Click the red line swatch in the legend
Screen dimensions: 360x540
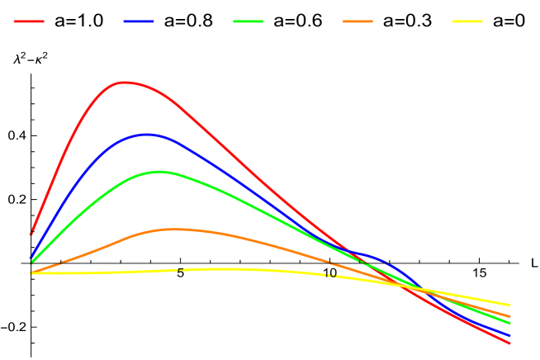tap(29, 21)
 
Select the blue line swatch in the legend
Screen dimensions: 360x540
tap(139, 21)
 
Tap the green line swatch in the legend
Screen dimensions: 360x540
tap(249, 21)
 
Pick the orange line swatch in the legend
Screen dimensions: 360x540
tap(358, 21)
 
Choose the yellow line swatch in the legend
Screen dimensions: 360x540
tap(467, 21)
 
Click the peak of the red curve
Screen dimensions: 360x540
tap(125, 82)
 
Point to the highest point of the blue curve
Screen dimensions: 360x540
tap(146, 134)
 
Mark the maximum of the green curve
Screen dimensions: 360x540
tap(158, 172)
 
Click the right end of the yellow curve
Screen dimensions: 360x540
tap(510, 306)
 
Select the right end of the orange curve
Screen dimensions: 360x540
tap(510, 316)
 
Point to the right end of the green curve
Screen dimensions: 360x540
tap(510, 324)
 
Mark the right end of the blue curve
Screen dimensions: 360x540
tap(510, 335)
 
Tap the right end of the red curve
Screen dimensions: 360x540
tap(510, 343)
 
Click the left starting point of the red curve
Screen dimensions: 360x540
tap(31, 234)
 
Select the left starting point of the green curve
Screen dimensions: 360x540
tap(31, 263)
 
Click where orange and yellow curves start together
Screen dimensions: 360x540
tap(31, 272)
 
